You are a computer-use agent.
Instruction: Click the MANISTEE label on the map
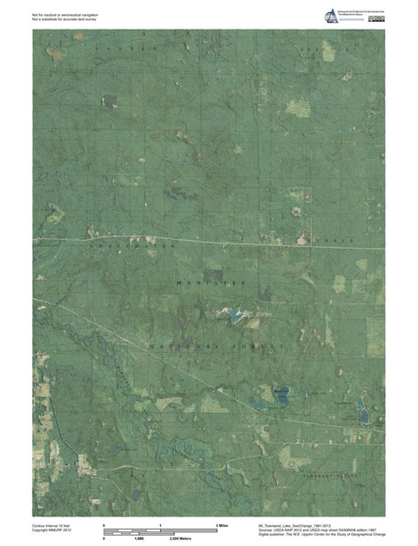(206, 283)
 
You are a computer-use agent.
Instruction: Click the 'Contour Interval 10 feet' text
(53, 525)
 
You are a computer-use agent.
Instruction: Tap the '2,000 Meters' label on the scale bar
(180, 539)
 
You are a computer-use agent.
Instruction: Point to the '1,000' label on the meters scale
(138, 539)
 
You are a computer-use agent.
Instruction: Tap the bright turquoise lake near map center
(235, 315)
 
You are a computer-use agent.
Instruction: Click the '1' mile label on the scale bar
(160, 526)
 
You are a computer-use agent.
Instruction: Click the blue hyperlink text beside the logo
(354, 23)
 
